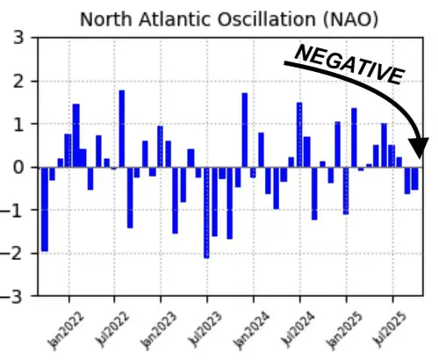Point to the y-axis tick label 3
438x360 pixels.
tap(18, 39)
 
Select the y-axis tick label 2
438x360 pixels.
tap(18, 82)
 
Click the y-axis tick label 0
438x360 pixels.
tap(18, 167)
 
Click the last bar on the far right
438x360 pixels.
tap(414, 178)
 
